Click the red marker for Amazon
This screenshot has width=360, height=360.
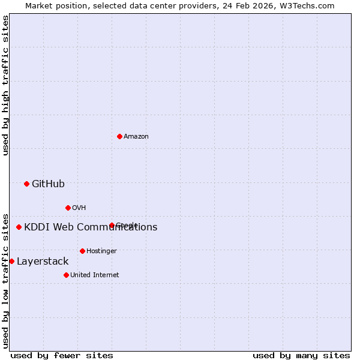click(120, 137)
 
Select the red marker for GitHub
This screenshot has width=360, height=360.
click(26, 184)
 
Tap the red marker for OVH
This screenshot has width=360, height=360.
click(68, 208)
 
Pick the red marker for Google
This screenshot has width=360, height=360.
click(112, 226)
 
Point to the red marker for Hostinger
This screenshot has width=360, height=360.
click(82, 251)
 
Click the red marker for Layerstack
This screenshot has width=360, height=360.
click(11, 261)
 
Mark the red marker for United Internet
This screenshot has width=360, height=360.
click(66, 275)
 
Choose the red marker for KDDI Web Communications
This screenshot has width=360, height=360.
click(19, 227)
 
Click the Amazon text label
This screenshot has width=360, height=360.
click(136, 137)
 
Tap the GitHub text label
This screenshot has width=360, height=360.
click(48, 184)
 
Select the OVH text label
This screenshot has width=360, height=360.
click(79, 208)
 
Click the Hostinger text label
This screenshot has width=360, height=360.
click(101, 251)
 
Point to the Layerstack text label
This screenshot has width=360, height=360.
click(43, 262)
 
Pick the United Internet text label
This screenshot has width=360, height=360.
click(95, 275)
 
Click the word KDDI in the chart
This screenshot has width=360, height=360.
click(37, 227)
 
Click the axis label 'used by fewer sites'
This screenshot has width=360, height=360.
click(62, 356)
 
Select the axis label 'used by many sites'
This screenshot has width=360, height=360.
click(301, 356)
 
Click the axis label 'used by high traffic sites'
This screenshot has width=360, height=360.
click(6, 85)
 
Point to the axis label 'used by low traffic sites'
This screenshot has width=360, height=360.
click(6, 280)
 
